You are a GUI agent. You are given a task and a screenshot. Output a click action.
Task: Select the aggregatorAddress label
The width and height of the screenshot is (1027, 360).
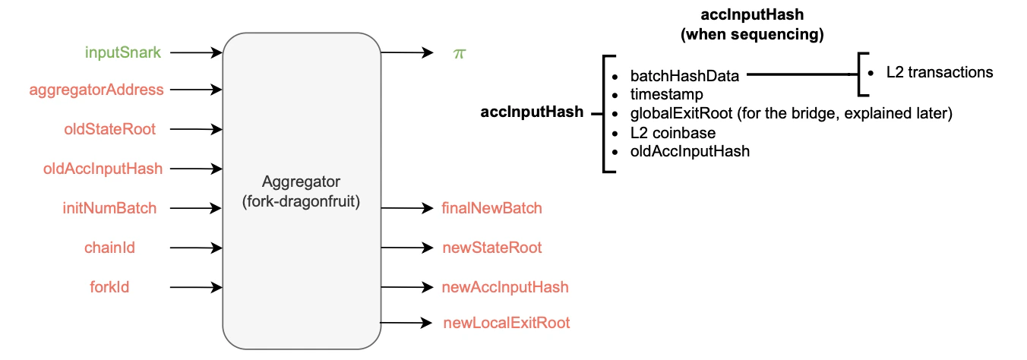pos(96,90)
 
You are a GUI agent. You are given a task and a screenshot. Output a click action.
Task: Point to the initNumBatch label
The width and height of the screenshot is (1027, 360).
pos(109,207)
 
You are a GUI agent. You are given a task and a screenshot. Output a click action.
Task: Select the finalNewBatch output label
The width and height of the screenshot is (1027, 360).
pos(491,208)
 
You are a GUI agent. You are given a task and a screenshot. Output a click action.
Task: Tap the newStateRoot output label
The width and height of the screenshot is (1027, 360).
pos(491,248)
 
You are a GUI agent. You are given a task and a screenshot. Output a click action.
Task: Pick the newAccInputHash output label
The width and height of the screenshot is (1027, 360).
pos(504,286)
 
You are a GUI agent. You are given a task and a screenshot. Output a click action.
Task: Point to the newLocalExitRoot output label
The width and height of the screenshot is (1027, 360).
pos(506,323)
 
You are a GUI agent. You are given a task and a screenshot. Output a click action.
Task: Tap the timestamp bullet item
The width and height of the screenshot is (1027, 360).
pos(666,94)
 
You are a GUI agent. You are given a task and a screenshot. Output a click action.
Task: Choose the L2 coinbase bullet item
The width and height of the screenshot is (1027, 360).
pos(672,132)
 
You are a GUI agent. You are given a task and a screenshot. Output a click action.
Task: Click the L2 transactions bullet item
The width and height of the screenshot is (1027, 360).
pos(940,73)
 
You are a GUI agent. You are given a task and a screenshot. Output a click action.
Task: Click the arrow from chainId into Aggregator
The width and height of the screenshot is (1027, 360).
pos(196,248)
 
